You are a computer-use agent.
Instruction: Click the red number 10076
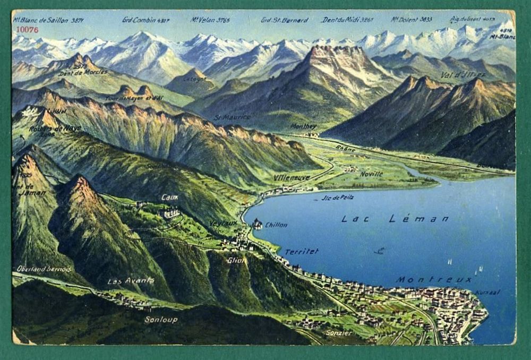click(x=27, y=30)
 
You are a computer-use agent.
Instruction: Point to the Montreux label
click(x=434, y=279)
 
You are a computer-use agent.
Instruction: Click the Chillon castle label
click(x=276, y=225)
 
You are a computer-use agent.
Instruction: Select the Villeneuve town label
click(x=292, y=177)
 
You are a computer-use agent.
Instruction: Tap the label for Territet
click(x=301, y=252)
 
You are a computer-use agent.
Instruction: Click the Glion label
click(x=236, y=260)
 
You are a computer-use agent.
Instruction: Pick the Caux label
click(x=170, y=197)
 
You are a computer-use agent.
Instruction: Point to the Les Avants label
click(x=131, y=280)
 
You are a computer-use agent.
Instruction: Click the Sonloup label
click(x=161, y=320)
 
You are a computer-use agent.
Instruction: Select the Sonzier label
click(x=339, y=333)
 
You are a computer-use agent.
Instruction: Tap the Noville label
click(x=371, y=174)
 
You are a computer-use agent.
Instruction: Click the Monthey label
click(x=304, y=126)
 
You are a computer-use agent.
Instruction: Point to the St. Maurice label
click(x=232, y=117)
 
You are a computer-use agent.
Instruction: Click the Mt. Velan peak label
click(x=210, y=20)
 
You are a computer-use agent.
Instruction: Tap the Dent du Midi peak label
click(x=347, y=20)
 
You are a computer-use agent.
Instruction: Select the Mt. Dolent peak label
click(x=412, y=20)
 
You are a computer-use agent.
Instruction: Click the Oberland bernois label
click(x=44, y=269)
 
